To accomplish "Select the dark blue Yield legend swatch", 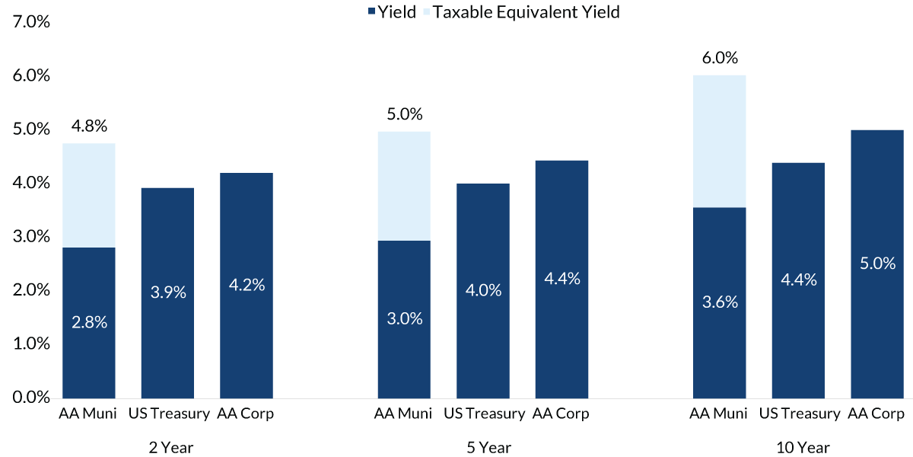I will click(371, 12).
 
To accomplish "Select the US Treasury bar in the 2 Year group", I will click(167, 293).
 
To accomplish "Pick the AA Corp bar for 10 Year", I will click(876, 264).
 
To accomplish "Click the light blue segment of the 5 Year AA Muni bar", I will click(404, 186).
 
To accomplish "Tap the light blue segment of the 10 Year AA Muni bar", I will click(719, 141).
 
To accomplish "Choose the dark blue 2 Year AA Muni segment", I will click(89, 322).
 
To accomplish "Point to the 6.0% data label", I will click(719, 59).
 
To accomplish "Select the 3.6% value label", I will click(719, 302).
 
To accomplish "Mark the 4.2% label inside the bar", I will click(247, 286).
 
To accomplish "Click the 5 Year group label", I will click(489, 448).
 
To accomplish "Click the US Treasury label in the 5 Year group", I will click(484, 414).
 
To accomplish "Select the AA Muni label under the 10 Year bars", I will click(719, 414).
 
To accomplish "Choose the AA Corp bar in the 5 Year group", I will click(561, 279).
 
